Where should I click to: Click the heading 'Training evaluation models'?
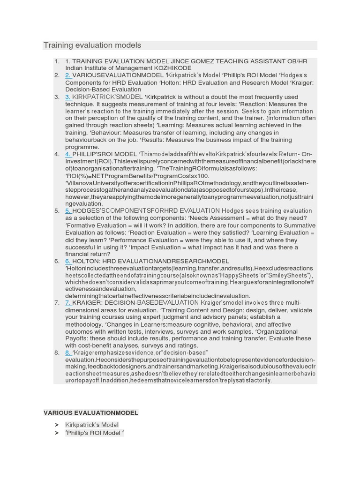pyautogui.click(x=92, y=45)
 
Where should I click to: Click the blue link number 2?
pyautogui.click(x=68, y=75)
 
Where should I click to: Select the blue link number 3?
pyautogui.click(x=68, y=97)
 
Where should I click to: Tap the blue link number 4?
pyautogui.click(x=68, y=154)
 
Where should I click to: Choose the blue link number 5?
pyautogui.click(x=68, y=211)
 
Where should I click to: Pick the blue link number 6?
pyautogui.click(x=68, y=261)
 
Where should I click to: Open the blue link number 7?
pyautogui.click(x=68, y=303)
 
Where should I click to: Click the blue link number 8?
pyautogui.click(x=68, y=352)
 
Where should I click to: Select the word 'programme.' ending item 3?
pyautogui.click(x=82, y=147)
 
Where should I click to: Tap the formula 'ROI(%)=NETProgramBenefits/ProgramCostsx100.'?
pyautogui.click(x=131, y=175)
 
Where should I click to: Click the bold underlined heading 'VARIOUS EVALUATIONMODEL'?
pyautogui.click(x=91, y=413)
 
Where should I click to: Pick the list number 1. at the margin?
pyautogui.click(x=57, y=61)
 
